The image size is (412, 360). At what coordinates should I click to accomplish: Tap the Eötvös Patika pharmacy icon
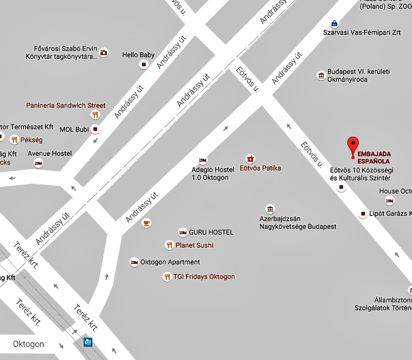251,158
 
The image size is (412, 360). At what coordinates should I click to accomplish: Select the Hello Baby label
138,54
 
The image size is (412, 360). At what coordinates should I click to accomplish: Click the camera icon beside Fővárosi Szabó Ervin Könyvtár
104,52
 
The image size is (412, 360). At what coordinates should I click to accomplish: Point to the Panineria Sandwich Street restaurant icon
95,115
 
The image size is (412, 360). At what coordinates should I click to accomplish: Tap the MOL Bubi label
74,129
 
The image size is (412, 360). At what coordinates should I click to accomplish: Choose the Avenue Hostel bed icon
38,163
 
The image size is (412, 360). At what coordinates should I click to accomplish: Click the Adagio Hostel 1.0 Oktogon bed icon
203,160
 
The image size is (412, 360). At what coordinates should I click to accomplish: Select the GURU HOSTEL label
211,232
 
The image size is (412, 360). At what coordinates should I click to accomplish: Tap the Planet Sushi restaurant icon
169,245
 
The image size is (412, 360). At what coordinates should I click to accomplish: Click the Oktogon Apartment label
170,262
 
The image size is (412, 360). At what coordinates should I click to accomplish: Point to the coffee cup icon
146,223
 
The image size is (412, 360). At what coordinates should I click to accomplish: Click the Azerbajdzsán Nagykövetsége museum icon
269,209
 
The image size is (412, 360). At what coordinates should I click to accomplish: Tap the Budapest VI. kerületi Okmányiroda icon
321,76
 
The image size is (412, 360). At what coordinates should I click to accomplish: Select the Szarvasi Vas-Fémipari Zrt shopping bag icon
334,23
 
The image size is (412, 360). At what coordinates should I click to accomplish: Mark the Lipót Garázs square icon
364,214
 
